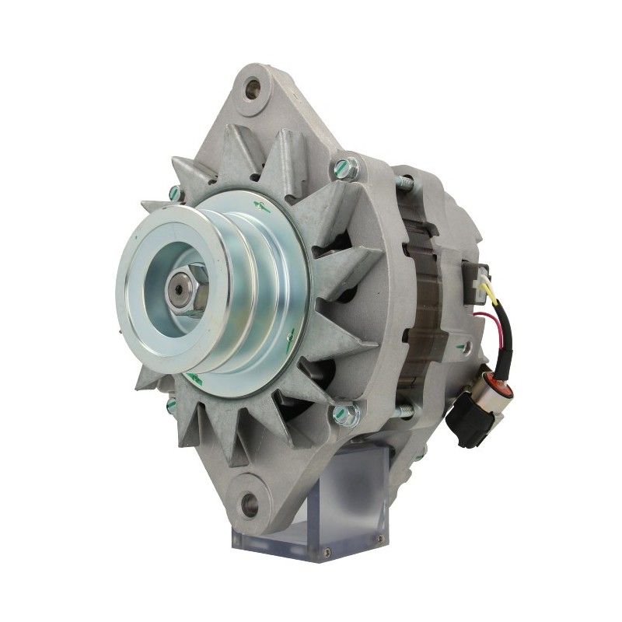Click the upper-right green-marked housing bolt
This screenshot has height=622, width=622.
(x=346, y=169)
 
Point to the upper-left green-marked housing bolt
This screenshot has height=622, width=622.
(x=176, y=194)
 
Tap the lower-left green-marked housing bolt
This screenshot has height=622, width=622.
(x=172, y=405)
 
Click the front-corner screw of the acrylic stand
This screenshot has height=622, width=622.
(x=327, y=551)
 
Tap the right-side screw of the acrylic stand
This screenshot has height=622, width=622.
(x=379, y=538)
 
